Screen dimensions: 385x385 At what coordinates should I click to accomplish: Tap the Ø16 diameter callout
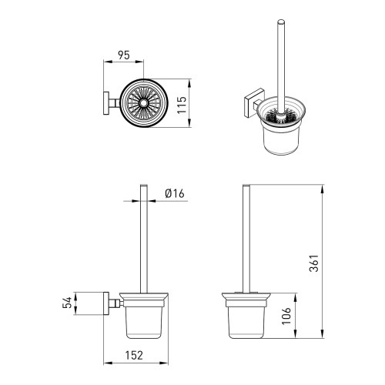tap(175, 195)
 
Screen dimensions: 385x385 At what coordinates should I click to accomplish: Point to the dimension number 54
tap(67, 303)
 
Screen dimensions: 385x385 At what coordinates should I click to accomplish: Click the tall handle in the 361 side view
tap(247, 239)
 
